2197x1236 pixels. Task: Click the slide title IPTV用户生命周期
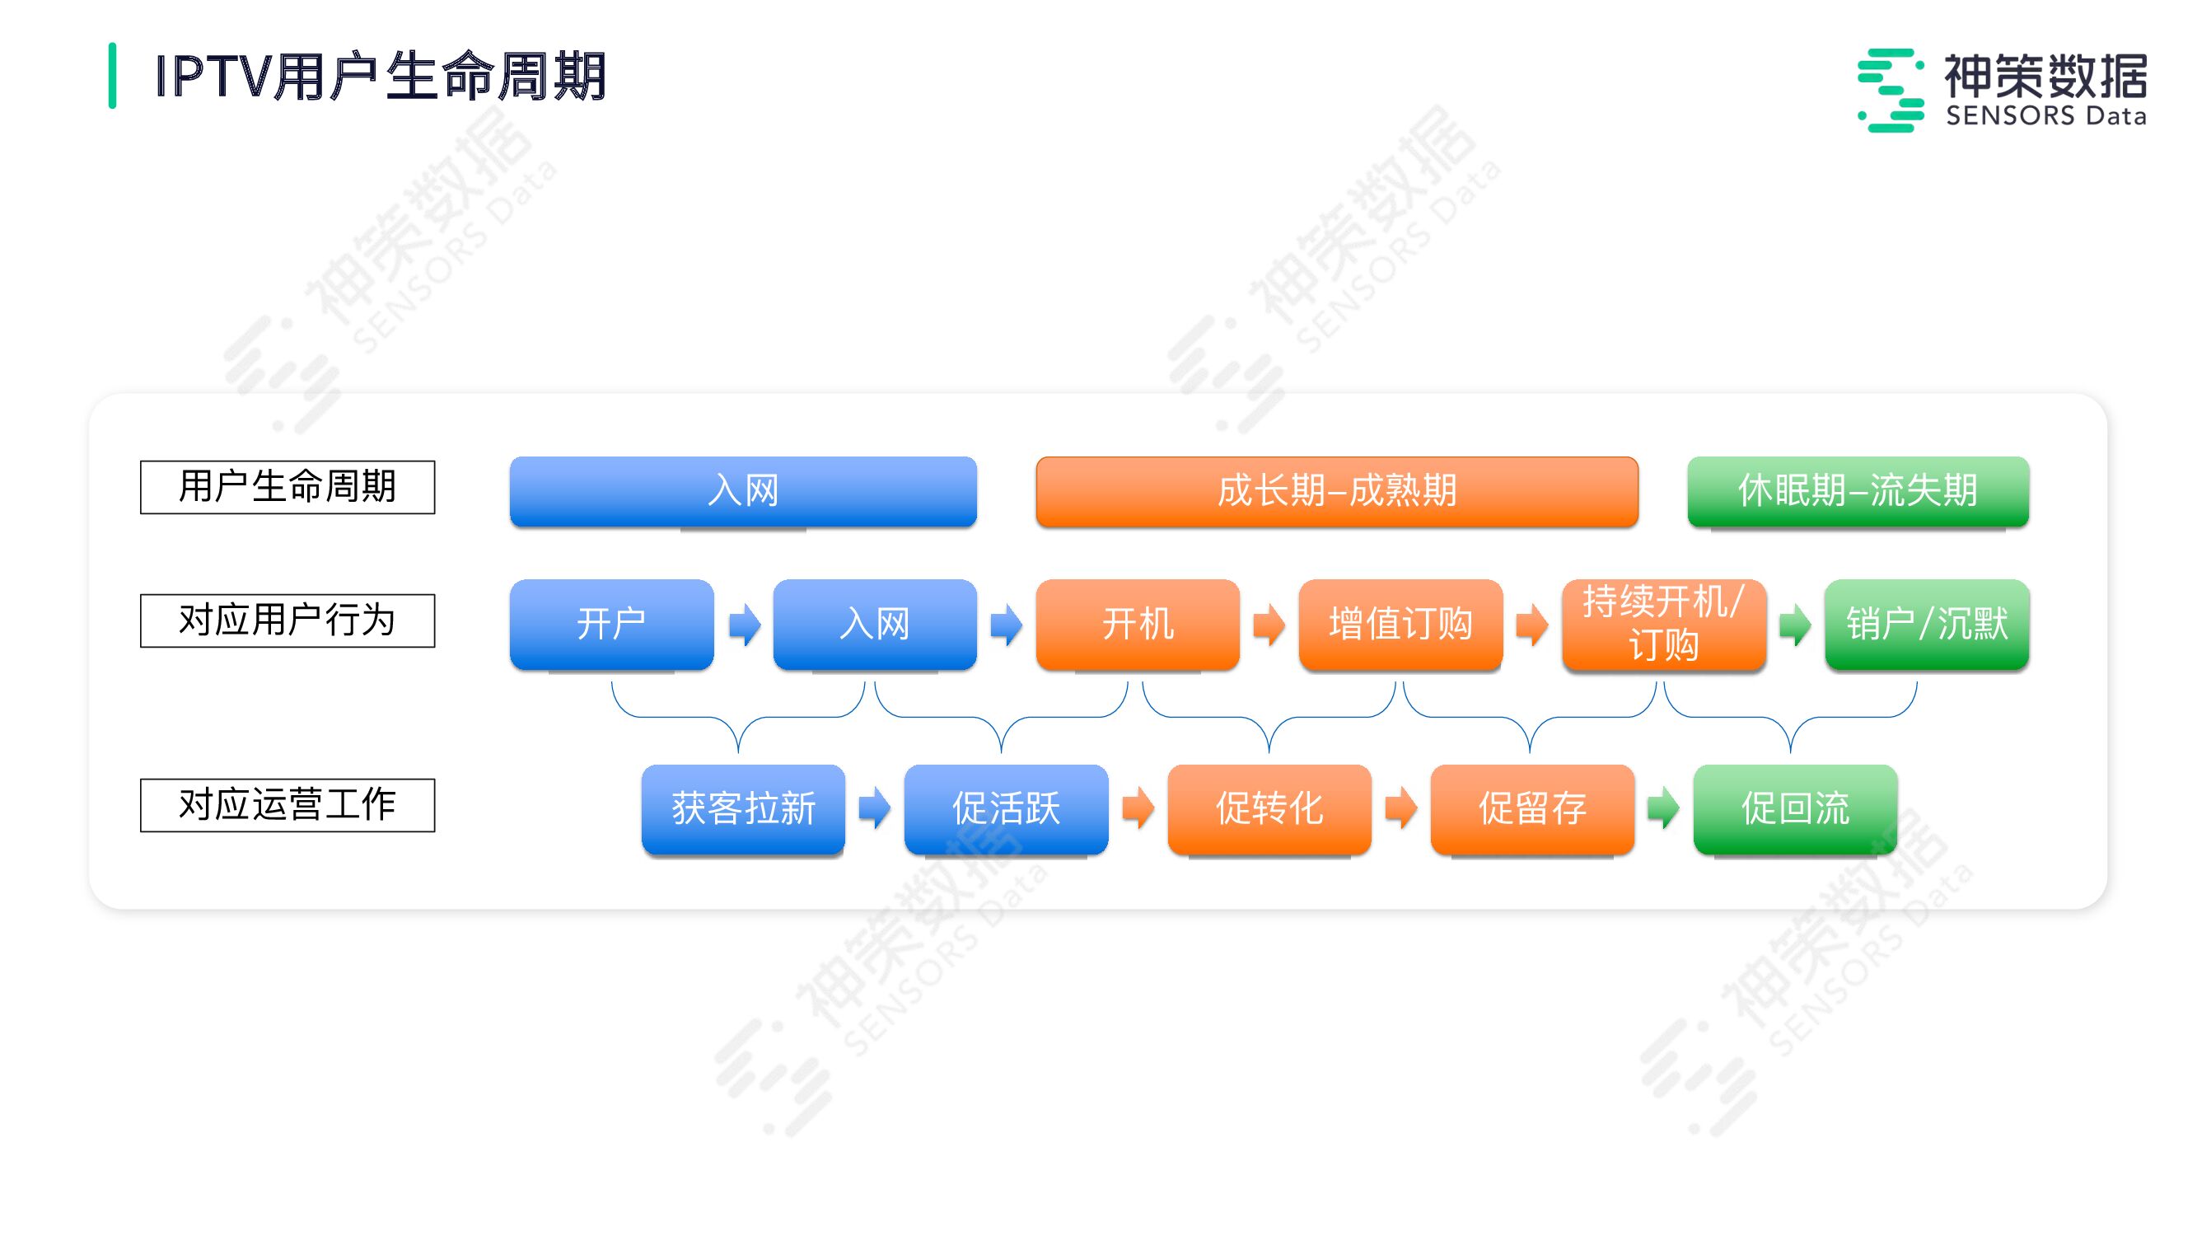pyautogui.click(x=381, y=77)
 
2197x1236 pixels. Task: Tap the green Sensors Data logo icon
pyautogui.click(x=1890, y=91)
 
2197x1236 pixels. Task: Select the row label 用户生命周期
pyautogui.click(x=287, y=487)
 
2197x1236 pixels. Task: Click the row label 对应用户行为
pyautogui.click(x=287, y=620)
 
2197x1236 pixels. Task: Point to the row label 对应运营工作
pyautogui.click(x=287, y=804)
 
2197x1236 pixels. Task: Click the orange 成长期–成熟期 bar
pyautogui.click(x=1336, y=491)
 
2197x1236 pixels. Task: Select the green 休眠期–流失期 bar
pyautogui.click(x=1858, y=491)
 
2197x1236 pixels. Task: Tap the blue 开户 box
pyautogui.click(x=611, y=624)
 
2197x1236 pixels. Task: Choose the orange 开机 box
pyautogui.click(x=1138, y=624)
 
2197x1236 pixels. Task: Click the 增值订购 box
pyautogui.click(x=1400, y=624)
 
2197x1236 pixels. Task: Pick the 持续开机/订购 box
pyautogui.click(x=1663, y=624)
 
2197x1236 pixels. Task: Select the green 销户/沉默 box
pyautogui.click(x=1927, y=624)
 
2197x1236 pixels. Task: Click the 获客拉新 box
pyautogui.click(x=743, y=808)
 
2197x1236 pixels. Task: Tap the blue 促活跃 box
pyautogui.click(x=1007, y=808)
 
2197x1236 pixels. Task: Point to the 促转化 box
pyautogui.click(x=1269, y=808)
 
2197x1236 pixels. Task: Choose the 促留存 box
pyautogui.click(x=1531, y=808)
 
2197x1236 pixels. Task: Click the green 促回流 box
pyautogui.click(x=1795, y=808)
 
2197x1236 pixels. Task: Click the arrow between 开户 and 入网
pyautogui.click(x=745, y=625)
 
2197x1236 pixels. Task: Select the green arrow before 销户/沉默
pyautogui.click(x=1795, y=625)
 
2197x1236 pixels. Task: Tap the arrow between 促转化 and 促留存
pyautogui.click(x=1400, y=808)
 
